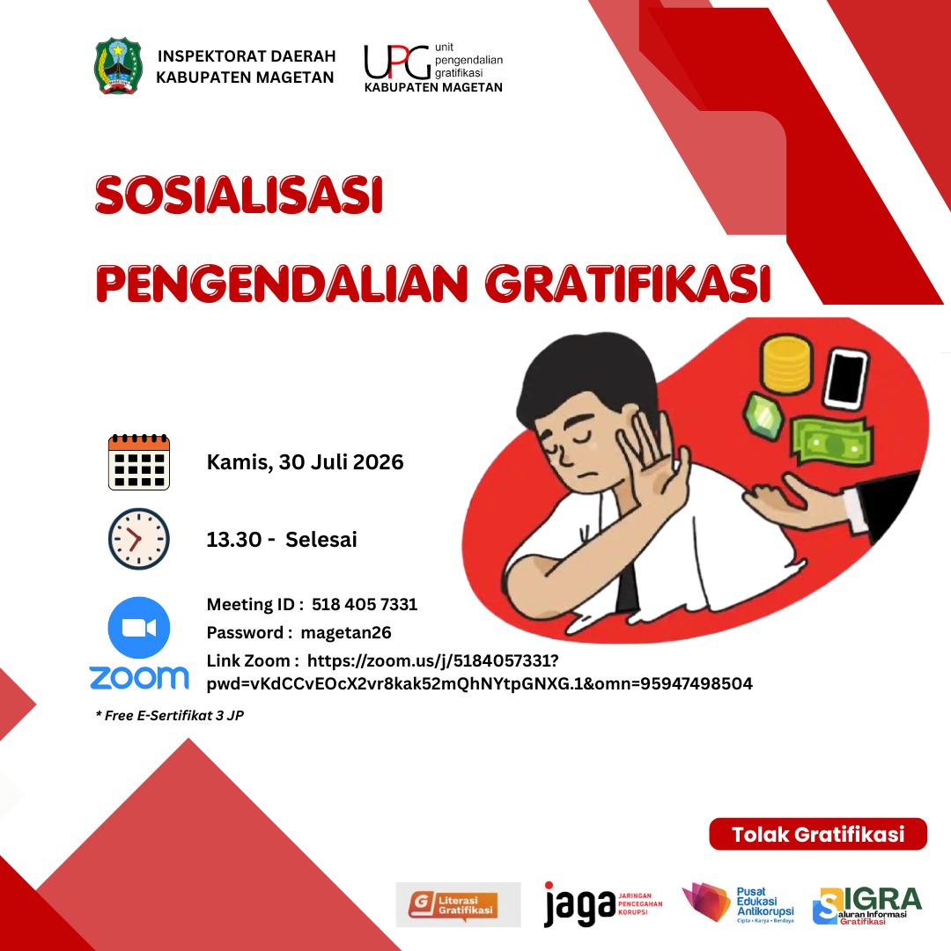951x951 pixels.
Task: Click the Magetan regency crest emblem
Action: (x=118, y=66)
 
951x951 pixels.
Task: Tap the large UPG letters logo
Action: (x=397, y=63)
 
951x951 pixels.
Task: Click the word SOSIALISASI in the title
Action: (x=239, y=195)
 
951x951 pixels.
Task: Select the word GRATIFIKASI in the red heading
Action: (x=628, y=284)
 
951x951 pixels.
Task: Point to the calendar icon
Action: (x=139, y=462)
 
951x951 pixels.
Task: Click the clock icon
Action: (x=139, y=539)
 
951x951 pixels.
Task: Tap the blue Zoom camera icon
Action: (x=139, y=628)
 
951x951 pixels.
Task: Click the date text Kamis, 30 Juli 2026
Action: (x=305, y=462)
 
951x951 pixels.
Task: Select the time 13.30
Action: (x=234, y=539)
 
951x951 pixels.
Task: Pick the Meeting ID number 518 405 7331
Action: (x=365, y=604)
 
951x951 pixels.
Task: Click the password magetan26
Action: (x=346, y=632)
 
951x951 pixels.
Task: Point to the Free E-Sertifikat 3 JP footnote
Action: (x=170, y=716)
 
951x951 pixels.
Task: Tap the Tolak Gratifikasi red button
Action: (x=818, y=834)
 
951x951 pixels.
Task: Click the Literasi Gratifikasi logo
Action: (x=459, y=904)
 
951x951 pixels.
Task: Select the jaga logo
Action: (x=603, y=903)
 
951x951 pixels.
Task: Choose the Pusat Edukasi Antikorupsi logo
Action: (x=738, y=903)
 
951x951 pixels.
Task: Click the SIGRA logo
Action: (x=866, y=905)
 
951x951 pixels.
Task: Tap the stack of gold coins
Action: (x=786, y=365)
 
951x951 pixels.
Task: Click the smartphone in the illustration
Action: (x=846, y=378)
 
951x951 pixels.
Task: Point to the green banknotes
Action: (x=831, y=441)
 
